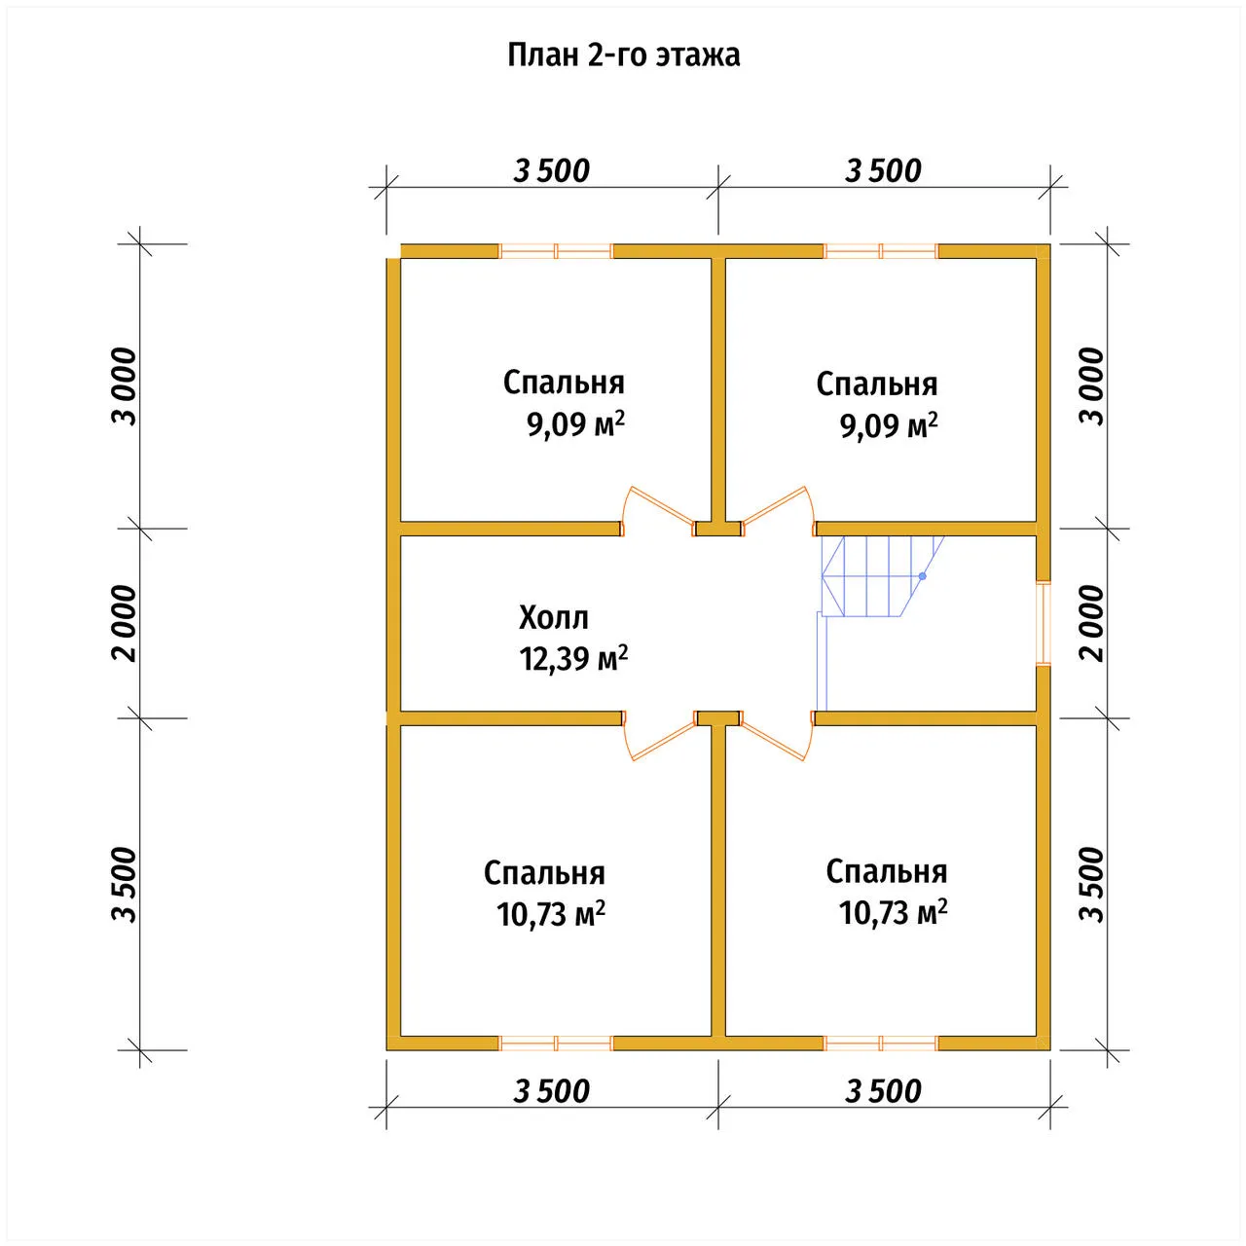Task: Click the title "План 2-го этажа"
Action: (x=623, y=55)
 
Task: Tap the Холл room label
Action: (x=554, y=618)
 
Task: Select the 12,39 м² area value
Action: (x=573, y=659)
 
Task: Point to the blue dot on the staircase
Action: (x=923, y=575)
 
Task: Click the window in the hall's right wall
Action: (x=1043, y=623)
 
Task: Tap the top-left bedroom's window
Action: (x=556, y=251)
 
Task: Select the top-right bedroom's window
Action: (x=881, y=251)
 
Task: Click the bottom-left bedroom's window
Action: (x=556, y=1043)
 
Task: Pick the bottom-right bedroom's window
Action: (x=881, y=1043)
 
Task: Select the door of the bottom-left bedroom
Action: (x=658, y=736)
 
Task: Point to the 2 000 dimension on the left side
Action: (x=126, y=623)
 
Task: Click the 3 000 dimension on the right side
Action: (x=1092, y=386)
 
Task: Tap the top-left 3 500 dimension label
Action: (x=552, y=171)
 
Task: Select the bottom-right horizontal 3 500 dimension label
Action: (x=883, y=1091)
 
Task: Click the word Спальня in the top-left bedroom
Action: (x=564, y=383)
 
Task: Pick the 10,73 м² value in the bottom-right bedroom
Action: (x=893, y=913)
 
